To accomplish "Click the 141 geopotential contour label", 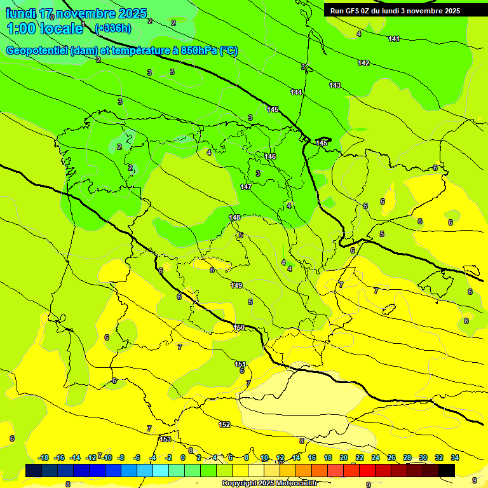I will tap(394, 39).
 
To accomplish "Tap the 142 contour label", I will tap(363, 63).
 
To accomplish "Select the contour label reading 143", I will tap(335, 85).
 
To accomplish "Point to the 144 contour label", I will tap(296, 92).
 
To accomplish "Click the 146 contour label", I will tap(270, 156).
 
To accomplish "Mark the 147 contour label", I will tap(246, 187).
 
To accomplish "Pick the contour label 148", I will tap(234, 217).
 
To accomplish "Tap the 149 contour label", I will tap(236, 285).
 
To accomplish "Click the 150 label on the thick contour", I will tap(239, 327).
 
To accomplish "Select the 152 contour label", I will tap(224, 424).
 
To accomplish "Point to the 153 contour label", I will tap(165, 439).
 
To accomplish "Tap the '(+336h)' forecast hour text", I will tap(112, 28).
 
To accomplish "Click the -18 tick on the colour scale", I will tap(44, 457).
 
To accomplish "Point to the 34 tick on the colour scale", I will tap(455, 457).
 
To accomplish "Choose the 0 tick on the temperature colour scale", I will tap(183, 457).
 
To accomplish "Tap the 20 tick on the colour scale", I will tap(344, 457).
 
